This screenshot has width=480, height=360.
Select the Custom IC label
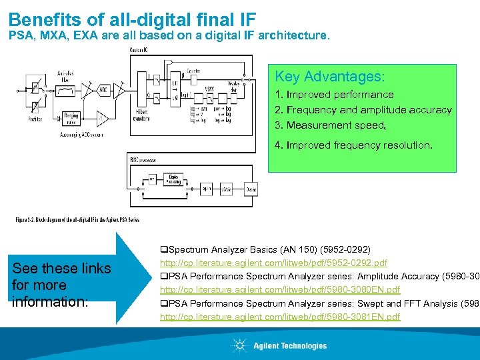[139, 51]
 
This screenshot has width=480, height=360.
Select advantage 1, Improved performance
[334, 95]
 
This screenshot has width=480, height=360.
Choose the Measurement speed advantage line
[330, 125]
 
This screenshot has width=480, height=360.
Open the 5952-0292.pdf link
[273, 263]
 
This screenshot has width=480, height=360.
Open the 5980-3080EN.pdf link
[280, 289]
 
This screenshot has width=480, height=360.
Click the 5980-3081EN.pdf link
[280, 317]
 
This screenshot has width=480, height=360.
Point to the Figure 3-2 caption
[77, 220]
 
